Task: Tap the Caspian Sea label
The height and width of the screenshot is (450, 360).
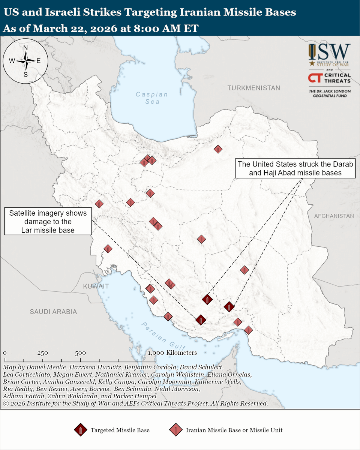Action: pos(152,98)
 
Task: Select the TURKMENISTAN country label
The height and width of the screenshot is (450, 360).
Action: pos(254,88)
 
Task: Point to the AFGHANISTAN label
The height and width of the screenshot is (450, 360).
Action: pos(334,216)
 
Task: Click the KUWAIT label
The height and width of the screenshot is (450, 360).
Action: pos(96,286)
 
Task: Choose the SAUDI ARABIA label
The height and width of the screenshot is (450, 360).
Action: pos(54,312)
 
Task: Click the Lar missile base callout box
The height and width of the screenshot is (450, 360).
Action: pos(48,222)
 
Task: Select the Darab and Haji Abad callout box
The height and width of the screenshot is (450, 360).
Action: pos(295,168)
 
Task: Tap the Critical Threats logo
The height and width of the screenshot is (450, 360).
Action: pos(329,78)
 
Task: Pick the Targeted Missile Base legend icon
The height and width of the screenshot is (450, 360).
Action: pos(81,430)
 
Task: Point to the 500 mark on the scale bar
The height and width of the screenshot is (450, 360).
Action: pos(80,353)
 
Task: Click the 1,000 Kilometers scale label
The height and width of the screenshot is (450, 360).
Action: pos(172,353)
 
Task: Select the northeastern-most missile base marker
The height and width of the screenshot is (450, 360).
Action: pos(218,149)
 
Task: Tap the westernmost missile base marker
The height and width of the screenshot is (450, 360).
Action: pos(99,204)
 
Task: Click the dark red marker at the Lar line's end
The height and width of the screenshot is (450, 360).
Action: pos(201,320)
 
